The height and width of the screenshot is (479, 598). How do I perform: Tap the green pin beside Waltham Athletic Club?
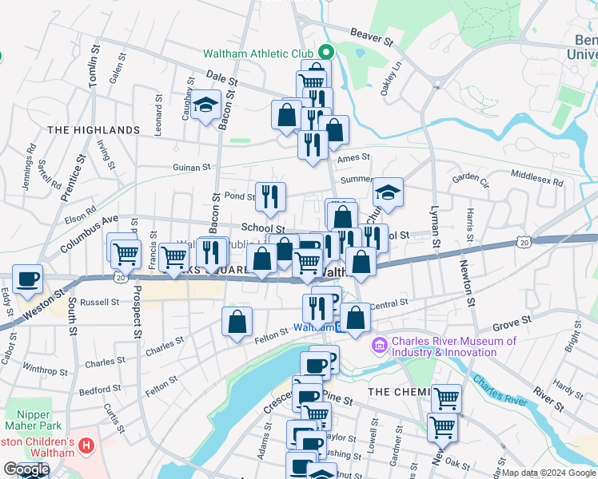[327, 53]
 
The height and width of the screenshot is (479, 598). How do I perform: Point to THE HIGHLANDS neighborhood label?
[93, 129]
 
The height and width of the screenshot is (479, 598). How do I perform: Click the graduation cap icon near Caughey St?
[205, 105]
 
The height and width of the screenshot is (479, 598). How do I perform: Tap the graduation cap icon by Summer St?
[388, 192]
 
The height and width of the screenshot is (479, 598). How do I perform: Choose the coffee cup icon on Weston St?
[28, 279]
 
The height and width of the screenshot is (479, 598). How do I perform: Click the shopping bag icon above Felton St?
[237, 323]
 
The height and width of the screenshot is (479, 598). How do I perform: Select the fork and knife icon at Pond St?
[270, 196]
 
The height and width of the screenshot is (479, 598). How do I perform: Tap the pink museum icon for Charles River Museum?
[379, 346]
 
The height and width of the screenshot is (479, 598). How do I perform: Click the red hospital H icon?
[87, 444]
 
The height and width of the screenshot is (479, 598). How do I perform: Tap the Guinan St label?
[192, 168]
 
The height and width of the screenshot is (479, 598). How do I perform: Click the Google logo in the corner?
[26, 469]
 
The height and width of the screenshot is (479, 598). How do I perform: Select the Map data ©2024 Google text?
[548, 473]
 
